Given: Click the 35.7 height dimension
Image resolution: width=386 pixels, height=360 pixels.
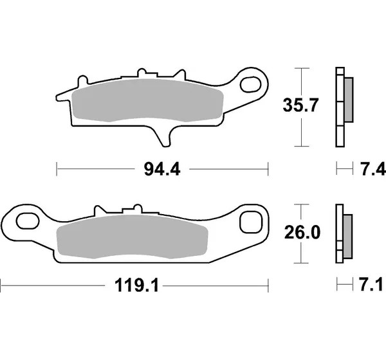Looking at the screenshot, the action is tap(300, 105).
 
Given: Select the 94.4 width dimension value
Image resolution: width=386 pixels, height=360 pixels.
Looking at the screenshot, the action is tap(162, 169).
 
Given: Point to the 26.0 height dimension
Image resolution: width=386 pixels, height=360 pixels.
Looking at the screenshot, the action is tap(302, 233).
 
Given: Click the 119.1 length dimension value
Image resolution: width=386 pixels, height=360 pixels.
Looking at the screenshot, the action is tap(136, 285).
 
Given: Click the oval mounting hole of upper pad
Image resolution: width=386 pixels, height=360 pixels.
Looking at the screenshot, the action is tap(250, 85).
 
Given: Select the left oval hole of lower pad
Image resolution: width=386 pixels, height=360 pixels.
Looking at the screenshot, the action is tap(28, 221).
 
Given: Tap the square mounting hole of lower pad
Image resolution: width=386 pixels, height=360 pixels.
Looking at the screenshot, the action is tap(251, 222).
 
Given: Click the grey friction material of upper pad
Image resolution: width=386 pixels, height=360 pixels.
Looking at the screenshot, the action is tap(148, 100).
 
